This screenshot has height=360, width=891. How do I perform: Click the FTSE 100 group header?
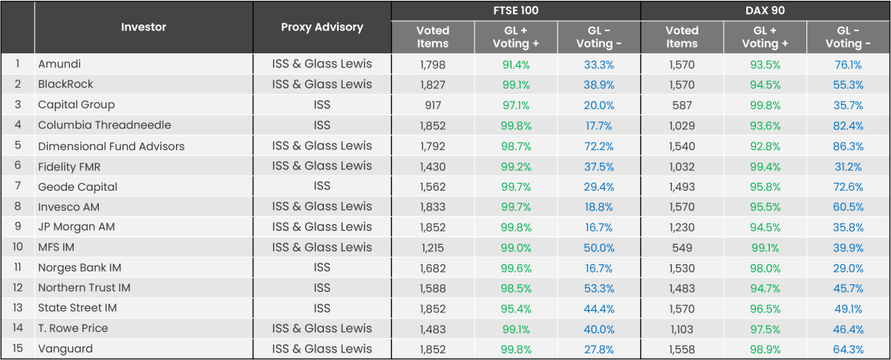tap(515, 11)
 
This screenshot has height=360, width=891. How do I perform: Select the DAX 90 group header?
tap(765, 11)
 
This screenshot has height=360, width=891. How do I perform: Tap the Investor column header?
tap(143, 27)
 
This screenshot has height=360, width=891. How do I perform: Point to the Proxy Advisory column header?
tap(322, 27)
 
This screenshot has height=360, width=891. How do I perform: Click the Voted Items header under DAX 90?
tap(682, 36)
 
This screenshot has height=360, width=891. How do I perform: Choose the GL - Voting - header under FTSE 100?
tap(598, 36)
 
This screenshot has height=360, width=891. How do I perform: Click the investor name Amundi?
tap(59, 65)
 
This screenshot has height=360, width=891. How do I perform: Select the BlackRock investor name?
tap(65, 85)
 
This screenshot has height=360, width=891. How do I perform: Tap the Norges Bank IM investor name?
tap(79, 267)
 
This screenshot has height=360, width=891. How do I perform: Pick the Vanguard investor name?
tap(65, 349)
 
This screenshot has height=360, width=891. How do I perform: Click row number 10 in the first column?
tap(17, 247)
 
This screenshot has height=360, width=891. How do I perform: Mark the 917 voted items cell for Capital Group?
tap(432, 105)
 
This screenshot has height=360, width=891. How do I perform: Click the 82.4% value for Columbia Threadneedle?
tap(847, 125)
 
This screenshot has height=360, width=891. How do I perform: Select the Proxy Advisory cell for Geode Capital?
tap(322, 186)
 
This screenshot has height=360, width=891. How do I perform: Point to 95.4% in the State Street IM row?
tap(515, 308)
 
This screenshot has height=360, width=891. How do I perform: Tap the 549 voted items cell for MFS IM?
tap(682, 247)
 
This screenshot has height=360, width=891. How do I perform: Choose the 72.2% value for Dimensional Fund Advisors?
tap(598, 145)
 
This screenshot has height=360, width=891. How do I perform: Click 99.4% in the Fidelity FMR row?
tap(765, 166)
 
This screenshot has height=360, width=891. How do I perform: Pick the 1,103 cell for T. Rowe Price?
tap(682, 328)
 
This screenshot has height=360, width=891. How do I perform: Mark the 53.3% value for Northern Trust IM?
tap(598, 288)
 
